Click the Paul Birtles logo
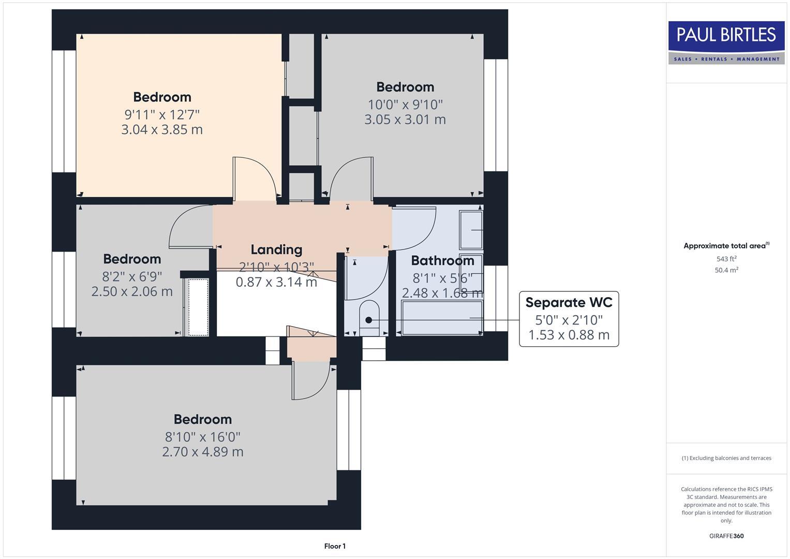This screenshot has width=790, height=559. pos(726,42)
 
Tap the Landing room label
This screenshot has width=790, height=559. pos(276,249)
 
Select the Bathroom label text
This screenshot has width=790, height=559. pos(442,260)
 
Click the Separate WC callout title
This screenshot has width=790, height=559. pos(569,302)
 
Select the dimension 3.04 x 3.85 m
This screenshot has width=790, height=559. pos(162,129)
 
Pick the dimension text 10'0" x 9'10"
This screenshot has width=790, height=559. pos(405,105)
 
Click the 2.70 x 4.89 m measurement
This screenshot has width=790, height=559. pos(203,452)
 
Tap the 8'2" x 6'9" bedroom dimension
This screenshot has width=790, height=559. pos(132,276)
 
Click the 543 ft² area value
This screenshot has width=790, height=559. pos(726,259)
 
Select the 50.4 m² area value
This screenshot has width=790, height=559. pos(726,270)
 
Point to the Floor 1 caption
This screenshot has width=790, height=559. pos(335,546)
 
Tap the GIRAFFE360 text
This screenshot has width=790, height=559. pos(726,536)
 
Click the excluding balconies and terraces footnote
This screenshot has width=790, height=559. pos(726,458)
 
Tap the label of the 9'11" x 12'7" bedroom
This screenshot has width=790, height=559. pos(162,97)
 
